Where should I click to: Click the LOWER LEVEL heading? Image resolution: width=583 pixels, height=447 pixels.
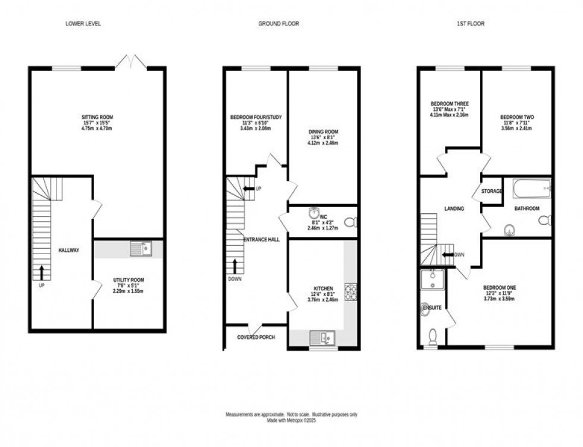tap(83, 24)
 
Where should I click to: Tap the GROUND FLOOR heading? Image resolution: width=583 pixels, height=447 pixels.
tap(278, 24)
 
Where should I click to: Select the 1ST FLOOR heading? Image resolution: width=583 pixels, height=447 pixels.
tap(470, 24)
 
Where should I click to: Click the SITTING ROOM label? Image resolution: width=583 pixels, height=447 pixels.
tap(98, 117)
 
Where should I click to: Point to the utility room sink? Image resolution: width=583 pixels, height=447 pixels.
tap(141, 248)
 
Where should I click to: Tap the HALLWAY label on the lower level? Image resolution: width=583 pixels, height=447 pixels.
tap(68, 250)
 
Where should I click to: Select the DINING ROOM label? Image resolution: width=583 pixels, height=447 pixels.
tap(323, 132)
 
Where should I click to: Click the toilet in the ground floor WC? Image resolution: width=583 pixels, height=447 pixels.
tap(351, 222)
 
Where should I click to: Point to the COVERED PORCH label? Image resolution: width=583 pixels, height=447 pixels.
tap(256, 337)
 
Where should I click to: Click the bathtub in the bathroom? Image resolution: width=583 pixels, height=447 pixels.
tap(531, 189)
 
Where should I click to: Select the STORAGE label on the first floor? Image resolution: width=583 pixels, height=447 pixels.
tap(492, 192)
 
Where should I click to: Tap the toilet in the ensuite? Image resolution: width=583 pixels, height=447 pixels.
tap(433, 336)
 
